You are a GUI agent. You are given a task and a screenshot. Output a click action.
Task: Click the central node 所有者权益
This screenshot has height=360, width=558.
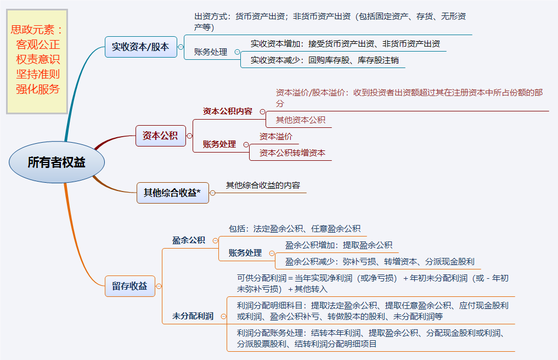(57, 162)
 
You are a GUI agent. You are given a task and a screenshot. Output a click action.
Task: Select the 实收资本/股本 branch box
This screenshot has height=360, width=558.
(140, 47)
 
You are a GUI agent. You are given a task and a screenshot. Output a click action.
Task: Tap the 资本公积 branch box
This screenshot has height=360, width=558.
(160, 136)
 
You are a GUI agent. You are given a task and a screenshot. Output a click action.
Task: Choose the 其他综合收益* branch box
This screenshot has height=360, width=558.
(172, 193)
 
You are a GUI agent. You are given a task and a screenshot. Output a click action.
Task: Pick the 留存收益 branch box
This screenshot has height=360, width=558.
(129, 286)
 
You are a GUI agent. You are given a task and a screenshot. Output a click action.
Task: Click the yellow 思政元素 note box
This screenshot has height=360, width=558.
(37, 61)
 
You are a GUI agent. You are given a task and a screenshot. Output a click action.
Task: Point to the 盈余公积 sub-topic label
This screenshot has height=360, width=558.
(188, 240)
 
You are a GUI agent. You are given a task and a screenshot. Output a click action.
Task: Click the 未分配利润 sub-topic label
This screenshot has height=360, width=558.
(193, 316)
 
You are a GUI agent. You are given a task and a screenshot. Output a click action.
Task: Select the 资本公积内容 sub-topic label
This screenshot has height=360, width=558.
(227, 111)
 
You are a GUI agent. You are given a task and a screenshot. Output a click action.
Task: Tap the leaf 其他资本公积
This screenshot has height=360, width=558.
(300, 120)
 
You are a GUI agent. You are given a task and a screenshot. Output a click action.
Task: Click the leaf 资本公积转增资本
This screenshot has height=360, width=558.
(292, 153)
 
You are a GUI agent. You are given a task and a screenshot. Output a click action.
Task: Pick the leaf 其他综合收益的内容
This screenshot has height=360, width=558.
(263, 185)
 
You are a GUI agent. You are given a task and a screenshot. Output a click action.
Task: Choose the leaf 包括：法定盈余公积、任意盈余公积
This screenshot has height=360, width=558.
(294, 228)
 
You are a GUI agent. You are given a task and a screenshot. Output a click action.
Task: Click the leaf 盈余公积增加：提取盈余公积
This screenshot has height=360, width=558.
(339, 245)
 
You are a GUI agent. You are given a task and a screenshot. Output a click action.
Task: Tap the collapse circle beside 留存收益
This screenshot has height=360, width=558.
(159, 286)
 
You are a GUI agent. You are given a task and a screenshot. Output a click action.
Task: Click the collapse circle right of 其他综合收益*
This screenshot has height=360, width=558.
(213, 193)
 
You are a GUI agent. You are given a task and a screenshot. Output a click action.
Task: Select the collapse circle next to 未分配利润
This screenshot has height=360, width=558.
(223, 316)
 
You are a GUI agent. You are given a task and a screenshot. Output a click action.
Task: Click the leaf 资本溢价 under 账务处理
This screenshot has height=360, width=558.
(275, 137)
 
